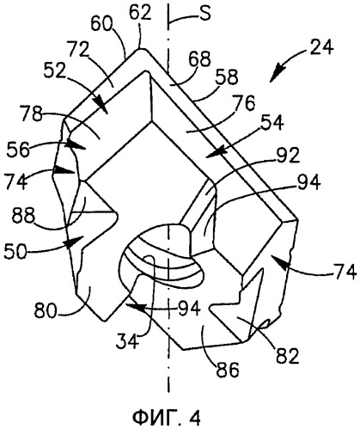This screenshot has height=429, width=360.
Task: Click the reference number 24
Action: pos(321,47)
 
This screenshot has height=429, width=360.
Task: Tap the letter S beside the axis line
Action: pos(205,14)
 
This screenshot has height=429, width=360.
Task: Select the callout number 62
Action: pos(140,13)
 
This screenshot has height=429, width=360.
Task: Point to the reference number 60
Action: pos(102,24)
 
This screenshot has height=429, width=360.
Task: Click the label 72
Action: pos(79,49)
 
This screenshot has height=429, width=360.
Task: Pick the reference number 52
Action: pos(55,71)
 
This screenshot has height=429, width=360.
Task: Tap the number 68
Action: pos(199,59)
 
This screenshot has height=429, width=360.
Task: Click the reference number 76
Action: pos(243,103)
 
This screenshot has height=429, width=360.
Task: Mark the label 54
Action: pos(272,123)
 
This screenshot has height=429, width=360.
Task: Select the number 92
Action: pos(288,155)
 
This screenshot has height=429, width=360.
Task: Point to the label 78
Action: pos(32,113)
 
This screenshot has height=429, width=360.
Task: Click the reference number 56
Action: pos(19,149)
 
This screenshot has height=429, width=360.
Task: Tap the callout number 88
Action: pos(24,216)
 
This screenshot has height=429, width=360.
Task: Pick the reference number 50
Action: pos(15,252)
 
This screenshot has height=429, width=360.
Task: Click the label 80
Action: pos(46,310)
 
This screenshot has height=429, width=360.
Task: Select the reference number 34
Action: pos(127,341)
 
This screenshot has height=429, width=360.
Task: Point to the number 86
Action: pos(228,370)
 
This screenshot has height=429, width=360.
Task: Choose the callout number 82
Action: pos(287,355)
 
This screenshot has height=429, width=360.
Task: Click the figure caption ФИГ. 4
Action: pos(167,417)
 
